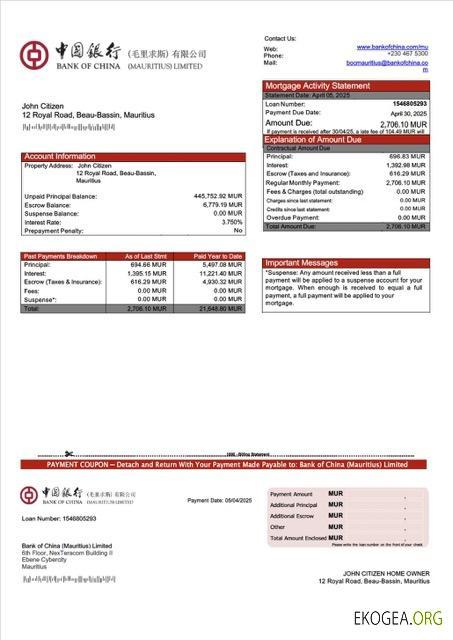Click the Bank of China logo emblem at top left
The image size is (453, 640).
(x=34, y=55)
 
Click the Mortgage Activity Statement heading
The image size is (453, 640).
(x=316, y=86)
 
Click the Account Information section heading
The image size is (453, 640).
(x=60, y=157)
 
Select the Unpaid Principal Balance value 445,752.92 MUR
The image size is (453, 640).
(x=218, y=196)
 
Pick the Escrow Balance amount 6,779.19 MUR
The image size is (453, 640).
(x=223, y=205)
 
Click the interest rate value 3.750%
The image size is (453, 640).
(x=232, y=222)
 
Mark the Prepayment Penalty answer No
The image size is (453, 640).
(x=238, y=230)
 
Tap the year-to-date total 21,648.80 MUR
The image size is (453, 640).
(x=219, y=308)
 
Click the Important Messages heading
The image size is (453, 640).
(x=300, y=263)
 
